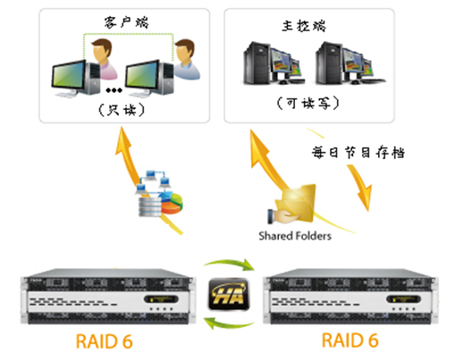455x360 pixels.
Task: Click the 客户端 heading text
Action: coord(126,22)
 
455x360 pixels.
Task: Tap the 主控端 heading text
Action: coord(304,26)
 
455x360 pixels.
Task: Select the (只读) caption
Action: coord(122,110)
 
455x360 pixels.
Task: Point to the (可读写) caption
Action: coord(308,103)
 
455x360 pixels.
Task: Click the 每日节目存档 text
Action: coord(358,153)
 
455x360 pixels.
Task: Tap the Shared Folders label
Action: coord(295,236)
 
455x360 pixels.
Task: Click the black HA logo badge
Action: coord(229,294)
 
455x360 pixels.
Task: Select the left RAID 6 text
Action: coord(104,341)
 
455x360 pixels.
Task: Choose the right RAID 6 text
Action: coord(350,340)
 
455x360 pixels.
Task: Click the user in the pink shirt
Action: coord(103,59)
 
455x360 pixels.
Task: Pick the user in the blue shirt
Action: coord(186,60)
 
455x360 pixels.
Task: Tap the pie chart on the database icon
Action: coord(172,203)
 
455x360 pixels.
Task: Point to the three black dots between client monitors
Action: coord(114,90)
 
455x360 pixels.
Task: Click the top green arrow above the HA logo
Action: coord(229,264)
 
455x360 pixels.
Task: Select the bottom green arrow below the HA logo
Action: coord(229,323)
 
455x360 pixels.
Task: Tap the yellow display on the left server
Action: coord(161,298)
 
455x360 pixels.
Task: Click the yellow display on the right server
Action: coord(403,298)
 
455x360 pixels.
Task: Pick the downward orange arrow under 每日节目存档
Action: coord(360,187)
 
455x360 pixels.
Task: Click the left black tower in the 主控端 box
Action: coord(257,63)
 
